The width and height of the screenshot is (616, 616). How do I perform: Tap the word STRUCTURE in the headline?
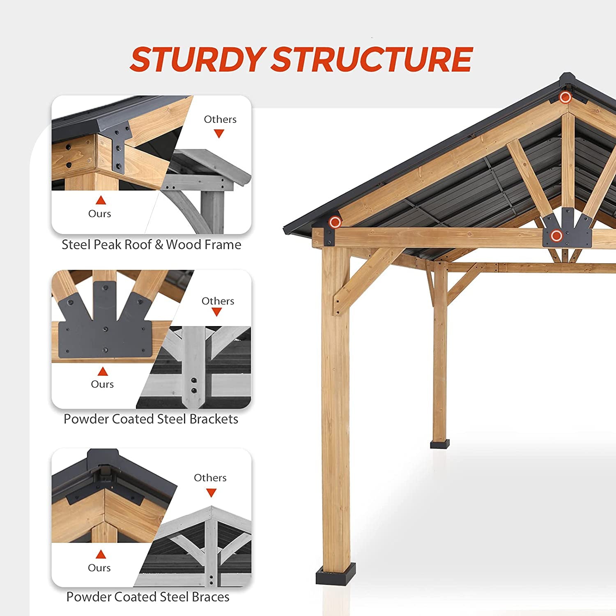[x=372, y=59]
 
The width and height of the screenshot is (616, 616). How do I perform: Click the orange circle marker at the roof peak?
[x=565, y=97]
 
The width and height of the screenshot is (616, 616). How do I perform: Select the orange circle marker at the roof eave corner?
[x=335, y=222]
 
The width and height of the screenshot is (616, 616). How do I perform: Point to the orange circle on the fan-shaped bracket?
[x=556, y=236]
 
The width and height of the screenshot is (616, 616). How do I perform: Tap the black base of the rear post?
[x=439, y=444]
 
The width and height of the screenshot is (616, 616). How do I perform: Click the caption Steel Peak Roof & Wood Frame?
[x=151, y=245]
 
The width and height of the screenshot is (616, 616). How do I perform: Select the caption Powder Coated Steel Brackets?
[x=151, y=419]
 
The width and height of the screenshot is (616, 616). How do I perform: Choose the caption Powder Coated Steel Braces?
[x=148, y=597]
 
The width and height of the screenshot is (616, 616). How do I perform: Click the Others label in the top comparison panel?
[x=220, y=120]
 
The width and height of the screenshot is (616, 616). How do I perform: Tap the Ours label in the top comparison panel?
[x=99, y=214]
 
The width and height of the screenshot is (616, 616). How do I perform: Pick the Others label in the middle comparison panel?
[x=218, y=301]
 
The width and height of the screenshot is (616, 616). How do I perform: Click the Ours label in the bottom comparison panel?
[x=99, y=568]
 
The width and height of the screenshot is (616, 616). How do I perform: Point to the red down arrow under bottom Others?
[x=211, y=492]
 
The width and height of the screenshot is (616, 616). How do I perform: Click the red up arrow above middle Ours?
[x=102, y=372]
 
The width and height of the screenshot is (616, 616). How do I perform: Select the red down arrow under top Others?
[x=219, y=133]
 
